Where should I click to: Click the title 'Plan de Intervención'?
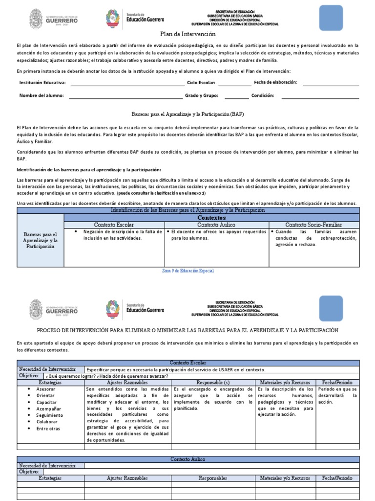click(187, 34)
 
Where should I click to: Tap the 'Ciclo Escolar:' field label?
click(201, 83)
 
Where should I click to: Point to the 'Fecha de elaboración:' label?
click(275, 82)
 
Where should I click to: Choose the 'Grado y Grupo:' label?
click(201, 95)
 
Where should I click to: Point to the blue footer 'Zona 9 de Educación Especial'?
click(187, 271)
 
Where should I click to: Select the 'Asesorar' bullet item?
click(46, 388)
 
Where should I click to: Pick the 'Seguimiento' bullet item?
click(49, 415)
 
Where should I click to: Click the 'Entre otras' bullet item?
click(48, 428)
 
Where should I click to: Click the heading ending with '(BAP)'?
click(187, 113)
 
